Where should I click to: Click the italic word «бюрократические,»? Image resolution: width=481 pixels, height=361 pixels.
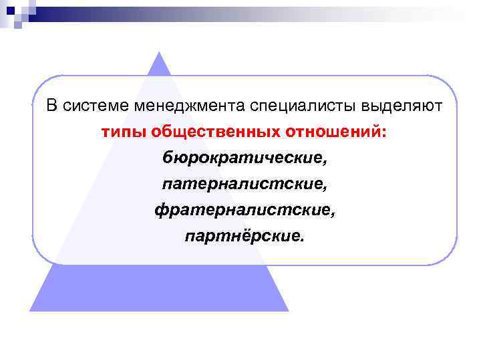click(x=245, y=158)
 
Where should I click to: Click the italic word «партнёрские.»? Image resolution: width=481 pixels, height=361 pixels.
click(x=245, y=236)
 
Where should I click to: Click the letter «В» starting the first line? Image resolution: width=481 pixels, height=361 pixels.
click(x=51, y=106)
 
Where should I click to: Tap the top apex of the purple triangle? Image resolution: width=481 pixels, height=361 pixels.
click(x=159, y=53)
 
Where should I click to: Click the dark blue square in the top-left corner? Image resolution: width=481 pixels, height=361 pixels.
click(x=11, y=11)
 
